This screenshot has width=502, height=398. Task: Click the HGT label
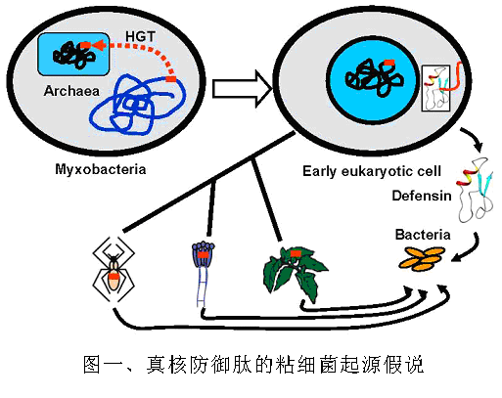[x=140, y=37]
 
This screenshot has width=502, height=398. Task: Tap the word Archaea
[x=71, y=91]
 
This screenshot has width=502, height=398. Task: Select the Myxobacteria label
[x=101, y=169]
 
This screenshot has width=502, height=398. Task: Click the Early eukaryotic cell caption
[x=372, y=171]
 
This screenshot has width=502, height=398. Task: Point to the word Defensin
[x=422, y=196]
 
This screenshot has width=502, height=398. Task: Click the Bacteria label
[x=423, y=235]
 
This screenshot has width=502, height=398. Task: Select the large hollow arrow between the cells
[x=243, y=89]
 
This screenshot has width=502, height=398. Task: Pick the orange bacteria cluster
[x=422, y=259]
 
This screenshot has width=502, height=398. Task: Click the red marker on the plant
[x=296, y=253]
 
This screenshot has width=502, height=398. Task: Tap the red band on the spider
[x=114, y=276]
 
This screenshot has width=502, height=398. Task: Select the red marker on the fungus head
[x=203, y=254]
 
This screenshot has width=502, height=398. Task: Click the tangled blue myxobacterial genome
[x=138, y=105]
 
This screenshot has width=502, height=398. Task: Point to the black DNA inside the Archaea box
[x=74, y=55]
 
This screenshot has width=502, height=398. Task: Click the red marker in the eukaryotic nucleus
[x=389, y=63]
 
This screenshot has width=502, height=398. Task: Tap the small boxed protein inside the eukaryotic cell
[x=435, y=88]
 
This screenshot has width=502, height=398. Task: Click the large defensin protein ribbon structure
[x=476, y=190]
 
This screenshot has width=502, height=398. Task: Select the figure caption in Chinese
[x=253, y=365]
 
